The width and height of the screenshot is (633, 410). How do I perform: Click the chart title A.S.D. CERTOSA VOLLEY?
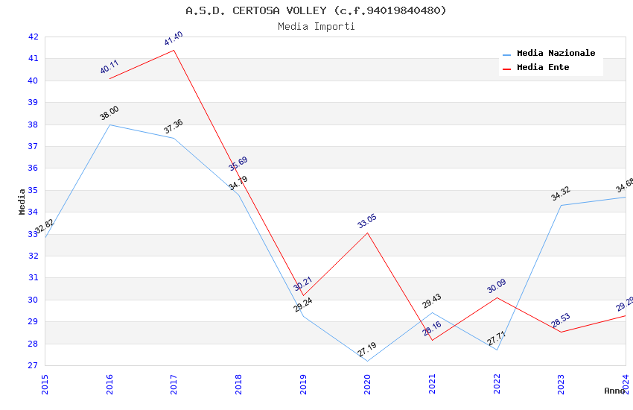click(x=316, y=10)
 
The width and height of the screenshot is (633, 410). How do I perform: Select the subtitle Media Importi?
click(x=316, y=26)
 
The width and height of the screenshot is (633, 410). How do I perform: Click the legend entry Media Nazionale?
click(x=556, y=53)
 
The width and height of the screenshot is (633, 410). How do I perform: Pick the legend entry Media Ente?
click(x=543, y=67)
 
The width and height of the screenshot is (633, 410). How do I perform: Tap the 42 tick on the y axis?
click(x=34, y=37)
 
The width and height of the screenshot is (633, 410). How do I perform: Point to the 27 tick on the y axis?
click(x=34, y=365)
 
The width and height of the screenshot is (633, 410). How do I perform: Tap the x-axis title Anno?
click(x=614, y=391)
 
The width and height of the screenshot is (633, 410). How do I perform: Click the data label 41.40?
click(x=174, y=39)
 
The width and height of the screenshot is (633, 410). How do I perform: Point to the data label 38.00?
click(x=109, y=113)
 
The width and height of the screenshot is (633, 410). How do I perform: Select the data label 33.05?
click(x=367, y=221)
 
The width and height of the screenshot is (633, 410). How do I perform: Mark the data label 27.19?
click(x=366, y=350)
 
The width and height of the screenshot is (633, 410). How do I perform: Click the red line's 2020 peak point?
click(x=367, y=233)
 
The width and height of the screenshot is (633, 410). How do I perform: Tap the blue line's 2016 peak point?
click(x=109, y=124)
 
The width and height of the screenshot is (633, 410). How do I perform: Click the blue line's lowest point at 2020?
click(x=367, y=362)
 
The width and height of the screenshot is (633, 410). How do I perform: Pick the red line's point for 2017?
click(x=174, y=50)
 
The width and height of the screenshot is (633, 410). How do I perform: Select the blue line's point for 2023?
click(x=561, y=205)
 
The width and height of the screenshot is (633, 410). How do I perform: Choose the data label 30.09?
click(x=497, y=286)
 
